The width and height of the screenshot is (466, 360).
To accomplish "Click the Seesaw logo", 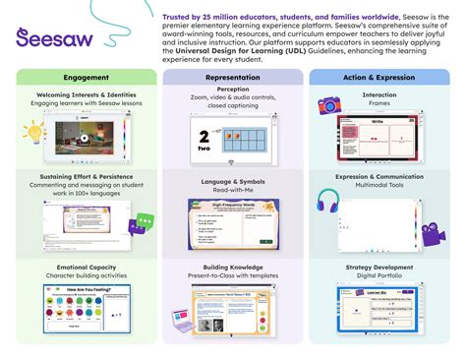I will [73, 38].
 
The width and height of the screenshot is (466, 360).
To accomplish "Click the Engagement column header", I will [86, 77].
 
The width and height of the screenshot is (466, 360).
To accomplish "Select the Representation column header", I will [232, 77].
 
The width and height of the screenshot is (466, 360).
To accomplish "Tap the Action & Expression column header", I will [380, 77].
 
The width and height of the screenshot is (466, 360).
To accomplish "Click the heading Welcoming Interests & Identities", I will [86, 94].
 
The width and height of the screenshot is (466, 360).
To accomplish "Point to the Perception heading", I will [232, 89].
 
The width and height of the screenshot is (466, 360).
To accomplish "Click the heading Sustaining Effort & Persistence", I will [86, 175].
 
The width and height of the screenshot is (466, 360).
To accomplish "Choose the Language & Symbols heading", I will [232, 180].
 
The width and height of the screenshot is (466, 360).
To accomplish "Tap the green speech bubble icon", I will [145, 224].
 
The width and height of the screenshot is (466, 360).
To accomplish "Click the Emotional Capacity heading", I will [86, 267].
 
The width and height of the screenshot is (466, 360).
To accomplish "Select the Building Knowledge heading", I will [232, 267].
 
